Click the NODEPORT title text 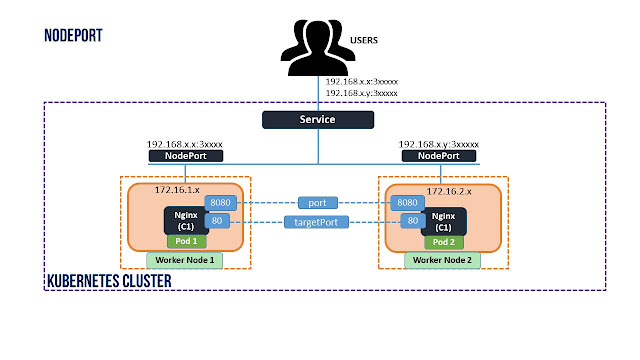point(73,36)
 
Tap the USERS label point(364,40)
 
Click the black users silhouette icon point(318,47)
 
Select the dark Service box point(318,120)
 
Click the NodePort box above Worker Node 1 point(186,156)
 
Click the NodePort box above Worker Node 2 point(439,156)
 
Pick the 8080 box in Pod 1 point(220,203)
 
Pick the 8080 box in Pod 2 point(407,203)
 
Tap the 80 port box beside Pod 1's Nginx point(217,221)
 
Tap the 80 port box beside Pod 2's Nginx point(413,221)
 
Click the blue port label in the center point(318,203)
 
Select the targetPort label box point(316,222)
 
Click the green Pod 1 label point(187,241)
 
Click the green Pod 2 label point(444,242)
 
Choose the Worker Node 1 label point(184,260)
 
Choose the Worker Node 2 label point(442,260)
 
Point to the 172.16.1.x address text point(177,190)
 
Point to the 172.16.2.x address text point(449,191)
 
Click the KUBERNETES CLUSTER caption point(109,281)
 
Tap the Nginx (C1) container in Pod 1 point(186,221)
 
